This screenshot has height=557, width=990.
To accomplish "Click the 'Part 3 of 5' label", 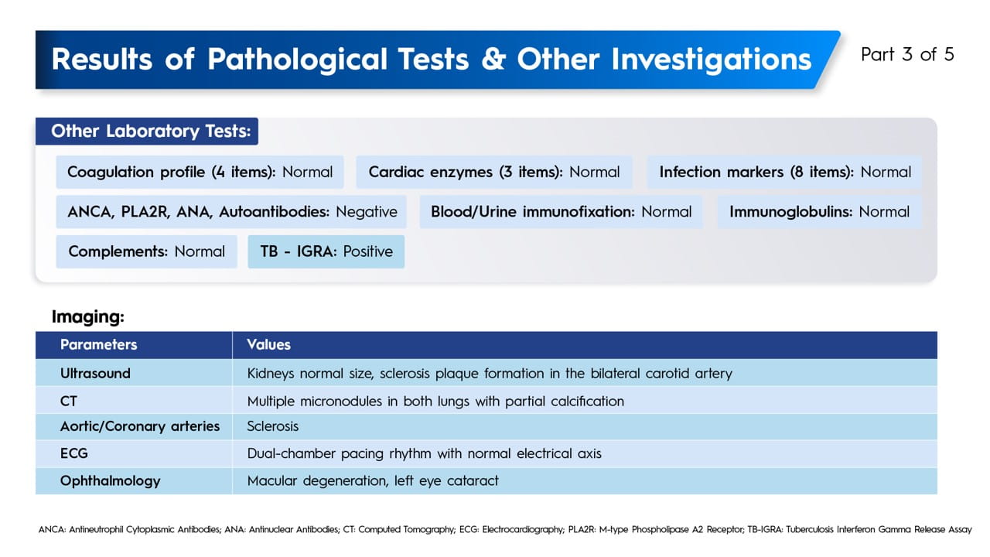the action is pyautogui.click(x=907, y=55).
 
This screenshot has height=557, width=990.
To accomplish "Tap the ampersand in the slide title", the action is pyautogui.click(x=493, y=60).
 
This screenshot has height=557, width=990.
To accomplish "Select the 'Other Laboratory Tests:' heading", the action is pyautogui.click(x=151, y=132).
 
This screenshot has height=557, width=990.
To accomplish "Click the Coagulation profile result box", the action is pyautogui.click(x=200, y=172).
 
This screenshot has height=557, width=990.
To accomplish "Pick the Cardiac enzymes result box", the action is pyautogui.click(x=494, y=172).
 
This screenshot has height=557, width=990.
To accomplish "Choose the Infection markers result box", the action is pyautogui.click(x=785, y=172).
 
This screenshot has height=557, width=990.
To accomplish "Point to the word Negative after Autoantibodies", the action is pyautogui.click(x=367, y=212).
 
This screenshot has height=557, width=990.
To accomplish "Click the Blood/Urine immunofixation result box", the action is pyautogui.click(x=562, y=212).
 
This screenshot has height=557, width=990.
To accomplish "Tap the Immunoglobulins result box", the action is pyautogui.click(x=820, y=212).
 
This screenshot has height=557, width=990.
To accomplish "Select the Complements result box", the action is pyautogui.click(x=147, y=251).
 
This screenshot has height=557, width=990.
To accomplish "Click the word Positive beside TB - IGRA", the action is pyautogui.click(x=368, y=251).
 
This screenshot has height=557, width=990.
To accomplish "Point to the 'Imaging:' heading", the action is pyautogui.click(x=88, y=317).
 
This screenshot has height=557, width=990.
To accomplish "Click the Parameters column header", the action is pyautogui.click(x=98, y=345).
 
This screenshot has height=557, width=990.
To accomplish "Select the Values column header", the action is pyautogui.click(x=268, y=345).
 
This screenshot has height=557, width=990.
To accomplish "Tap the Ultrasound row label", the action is pyautogui.click(x=95, y=374).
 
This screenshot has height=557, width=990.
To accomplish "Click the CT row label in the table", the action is pyautogui.click(x=69, y=402).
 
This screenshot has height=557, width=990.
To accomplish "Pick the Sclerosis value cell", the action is pyautogui.click(x=273, y=426).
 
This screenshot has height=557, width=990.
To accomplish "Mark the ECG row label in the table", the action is pyautogui.click(x=73, y=453).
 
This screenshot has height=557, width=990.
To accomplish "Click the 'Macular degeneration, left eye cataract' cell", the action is pyautogui.click(x=373, y=480).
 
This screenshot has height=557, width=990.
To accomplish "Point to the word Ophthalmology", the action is pyautogui.click(x=111, y=481).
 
